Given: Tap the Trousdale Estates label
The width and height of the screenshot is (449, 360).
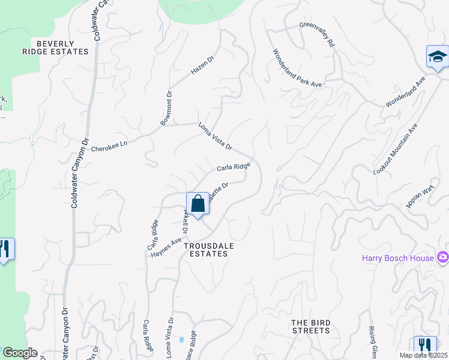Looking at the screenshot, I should pos(206,250).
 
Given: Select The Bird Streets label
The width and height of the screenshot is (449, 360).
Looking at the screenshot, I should pos(310,326).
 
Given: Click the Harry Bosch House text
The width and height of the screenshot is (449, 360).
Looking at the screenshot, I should pos(399,259).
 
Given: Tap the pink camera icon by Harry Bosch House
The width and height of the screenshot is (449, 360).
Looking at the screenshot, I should pos(444,257).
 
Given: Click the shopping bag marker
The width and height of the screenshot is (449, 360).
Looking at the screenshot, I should pos(197,204).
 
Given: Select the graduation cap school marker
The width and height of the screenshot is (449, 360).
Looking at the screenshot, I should pos(437,57).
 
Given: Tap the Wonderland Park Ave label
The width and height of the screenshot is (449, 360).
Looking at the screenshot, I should pos(298,68).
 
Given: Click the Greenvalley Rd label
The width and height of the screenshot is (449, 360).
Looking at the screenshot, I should pos(317,34).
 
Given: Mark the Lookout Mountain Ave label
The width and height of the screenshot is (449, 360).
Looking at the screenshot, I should pos(395,150).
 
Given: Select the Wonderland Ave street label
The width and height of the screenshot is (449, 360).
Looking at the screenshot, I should pos(405,91).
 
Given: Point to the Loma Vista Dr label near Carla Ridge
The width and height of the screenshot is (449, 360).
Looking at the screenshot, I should pos(215,136).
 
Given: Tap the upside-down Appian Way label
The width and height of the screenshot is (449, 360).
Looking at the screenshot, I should pos(420,196).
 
